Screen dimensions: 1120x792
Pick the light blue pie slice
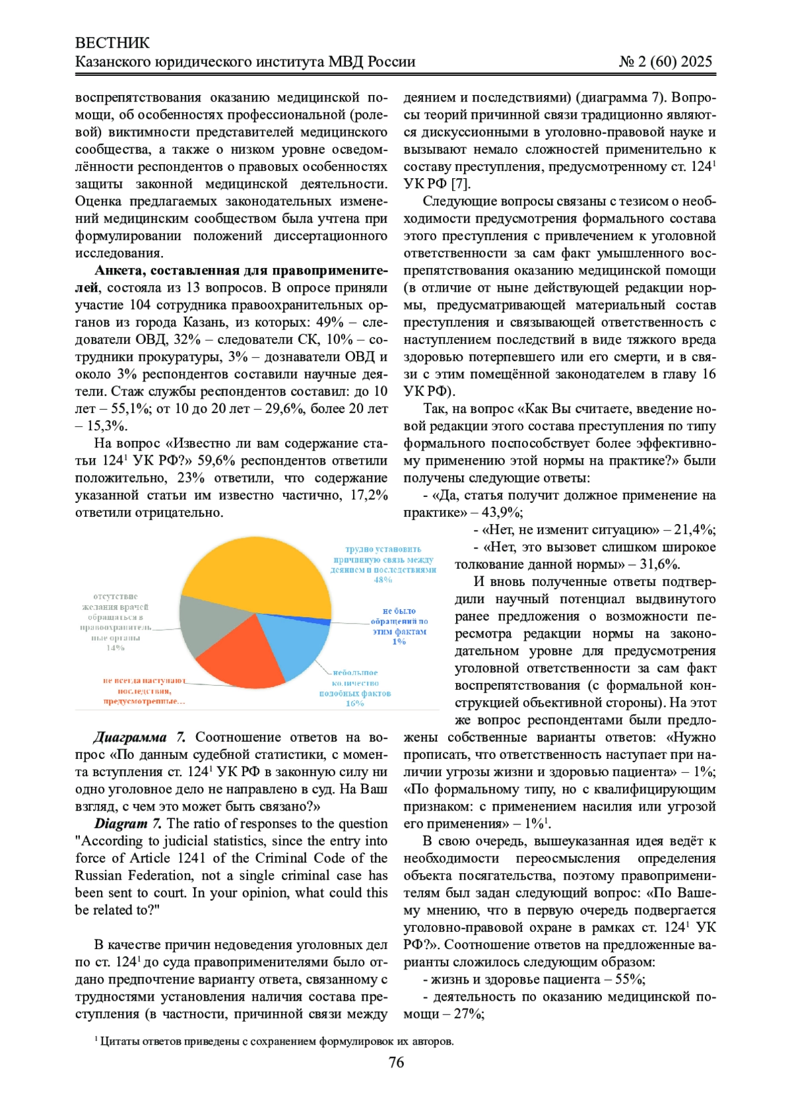(x=300, y=643)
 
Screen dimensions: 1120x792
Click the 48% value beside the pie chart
(x=383, y=580)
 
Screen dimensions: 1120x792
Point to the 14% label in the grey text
(x=115, y=648)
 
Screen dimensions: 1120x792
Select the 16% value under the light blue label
(x=354, y=704)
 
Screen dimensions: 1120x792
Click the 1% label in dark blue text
(x=399, y=642)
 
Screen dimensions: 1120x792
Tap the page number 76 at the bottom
(x=396, y=1062)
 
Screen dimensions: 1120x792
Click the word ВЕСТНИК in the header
(x=112, y=44)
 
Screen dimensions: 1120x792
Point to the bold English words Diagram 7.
(x=128, y=824)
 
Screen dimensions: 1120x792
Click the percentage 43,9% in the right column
(x=501, y=513)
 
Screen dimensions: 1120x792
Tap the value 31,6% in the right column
(x=659, y=564)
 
